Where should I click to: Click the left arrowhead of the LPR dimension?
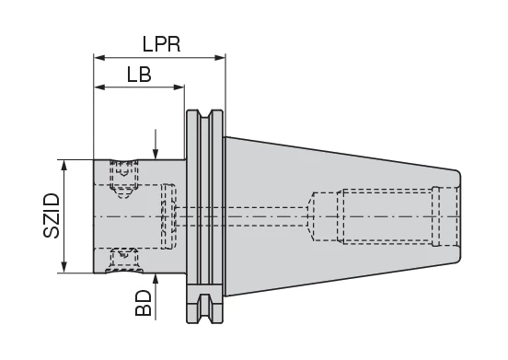98,57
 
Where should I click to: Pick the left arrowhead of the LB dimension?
98,88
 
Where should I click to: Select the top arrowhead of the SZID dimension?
63,165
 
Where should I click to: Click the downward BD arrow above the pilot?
156,154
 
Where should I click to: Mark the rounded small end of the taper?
457,216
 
